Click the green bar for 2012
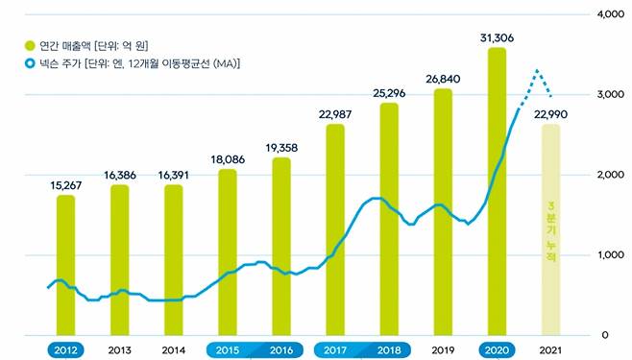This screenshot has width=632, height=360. [x=65, y=265]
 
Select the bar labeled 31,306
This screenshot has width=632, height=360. [x=497, y=192]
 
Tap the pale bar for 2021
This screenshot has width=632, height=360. [x=550, y=230]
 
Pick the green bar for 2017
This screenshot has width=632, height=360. [x=335, y=230]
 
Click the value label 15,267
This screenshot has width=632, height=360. [x=65, y=183]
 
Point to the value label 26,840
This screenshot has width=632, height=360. [x=443, y=78]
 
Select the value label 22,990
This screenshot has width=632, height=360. [x=551, y=113]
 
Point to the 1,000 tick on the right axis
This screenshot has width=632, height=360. [x=610, y=255]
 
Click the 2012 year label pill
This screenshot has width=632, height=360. [x=65, y=349]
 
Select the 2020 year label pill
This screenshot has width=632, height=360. [x=497, y=349]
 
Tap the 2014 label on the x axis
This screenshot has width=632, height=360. [x=173, y=349]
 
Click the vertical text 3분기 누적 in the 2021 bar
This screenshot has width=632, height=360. [x=550, y=235]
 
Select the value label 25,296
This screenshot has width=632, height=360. [x=389, y=94]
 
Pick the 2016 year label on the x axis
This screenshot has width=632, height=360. [x=281, y=349]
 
